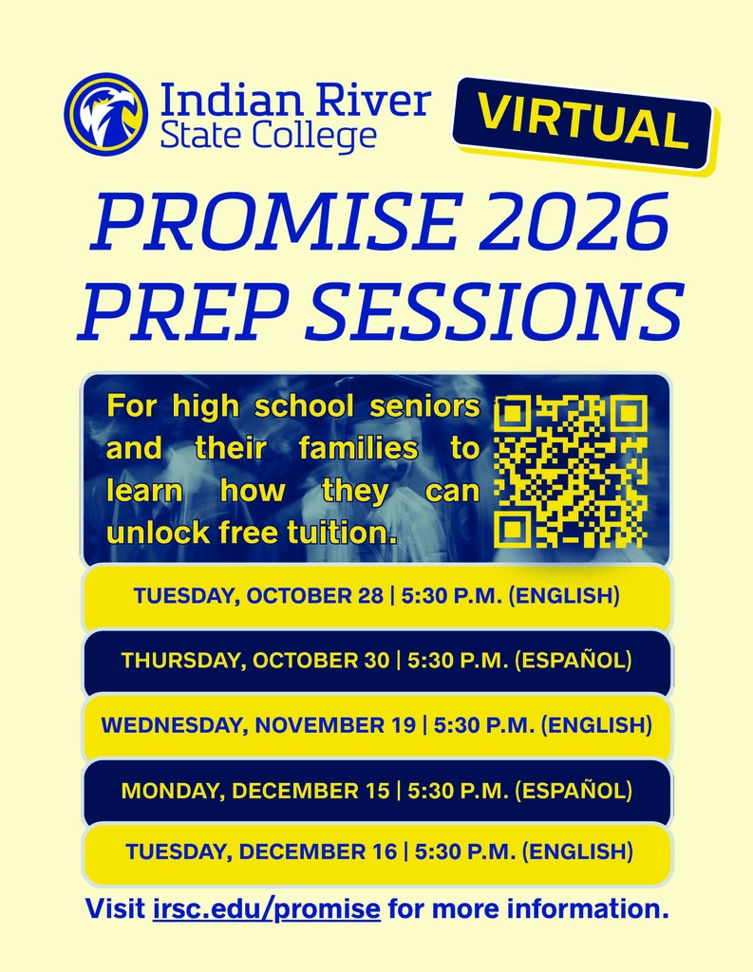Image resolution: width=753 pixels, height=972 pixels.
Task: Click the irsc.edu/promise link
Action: [x=266, y=908]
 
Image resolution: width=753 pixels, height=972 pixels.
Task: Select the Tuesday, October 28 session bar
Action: [x=377, y=597]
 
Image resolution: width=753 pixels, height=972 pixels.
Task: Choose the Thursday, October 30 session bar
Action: [x=377, y=661]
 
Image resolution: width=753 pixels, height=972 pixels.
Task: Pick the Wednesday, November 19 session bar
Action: [x=377, y=726]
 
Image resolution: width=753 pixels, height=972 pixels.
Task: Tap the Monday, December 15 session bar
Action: [x=377, y=790]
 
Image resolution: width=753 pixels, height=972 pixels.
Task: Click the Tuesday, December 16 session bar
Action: [x=377, y=851]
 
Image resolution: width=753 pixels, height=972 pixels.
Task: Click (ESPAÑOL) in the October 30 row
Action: [x=573, y=661]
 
